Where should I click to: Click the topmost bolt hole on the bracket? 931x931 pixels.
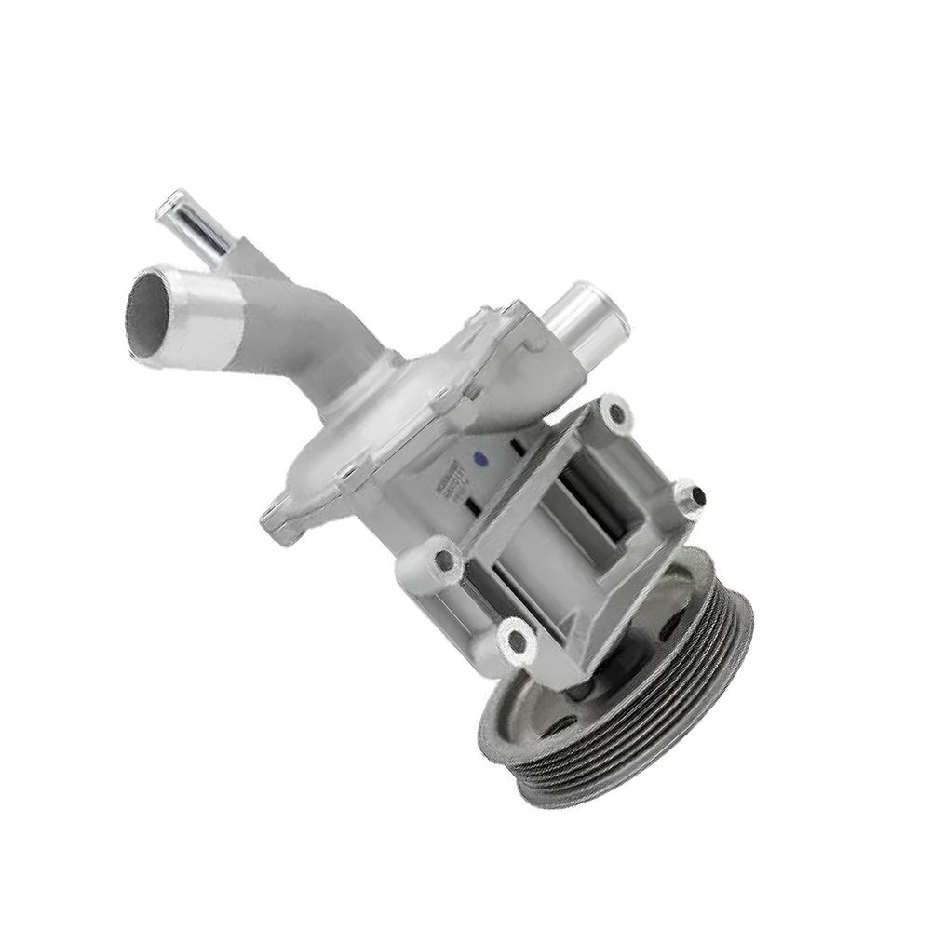click(611, 411)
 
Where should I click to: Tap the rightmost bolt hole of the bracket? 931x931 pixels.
click(691, 494)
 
